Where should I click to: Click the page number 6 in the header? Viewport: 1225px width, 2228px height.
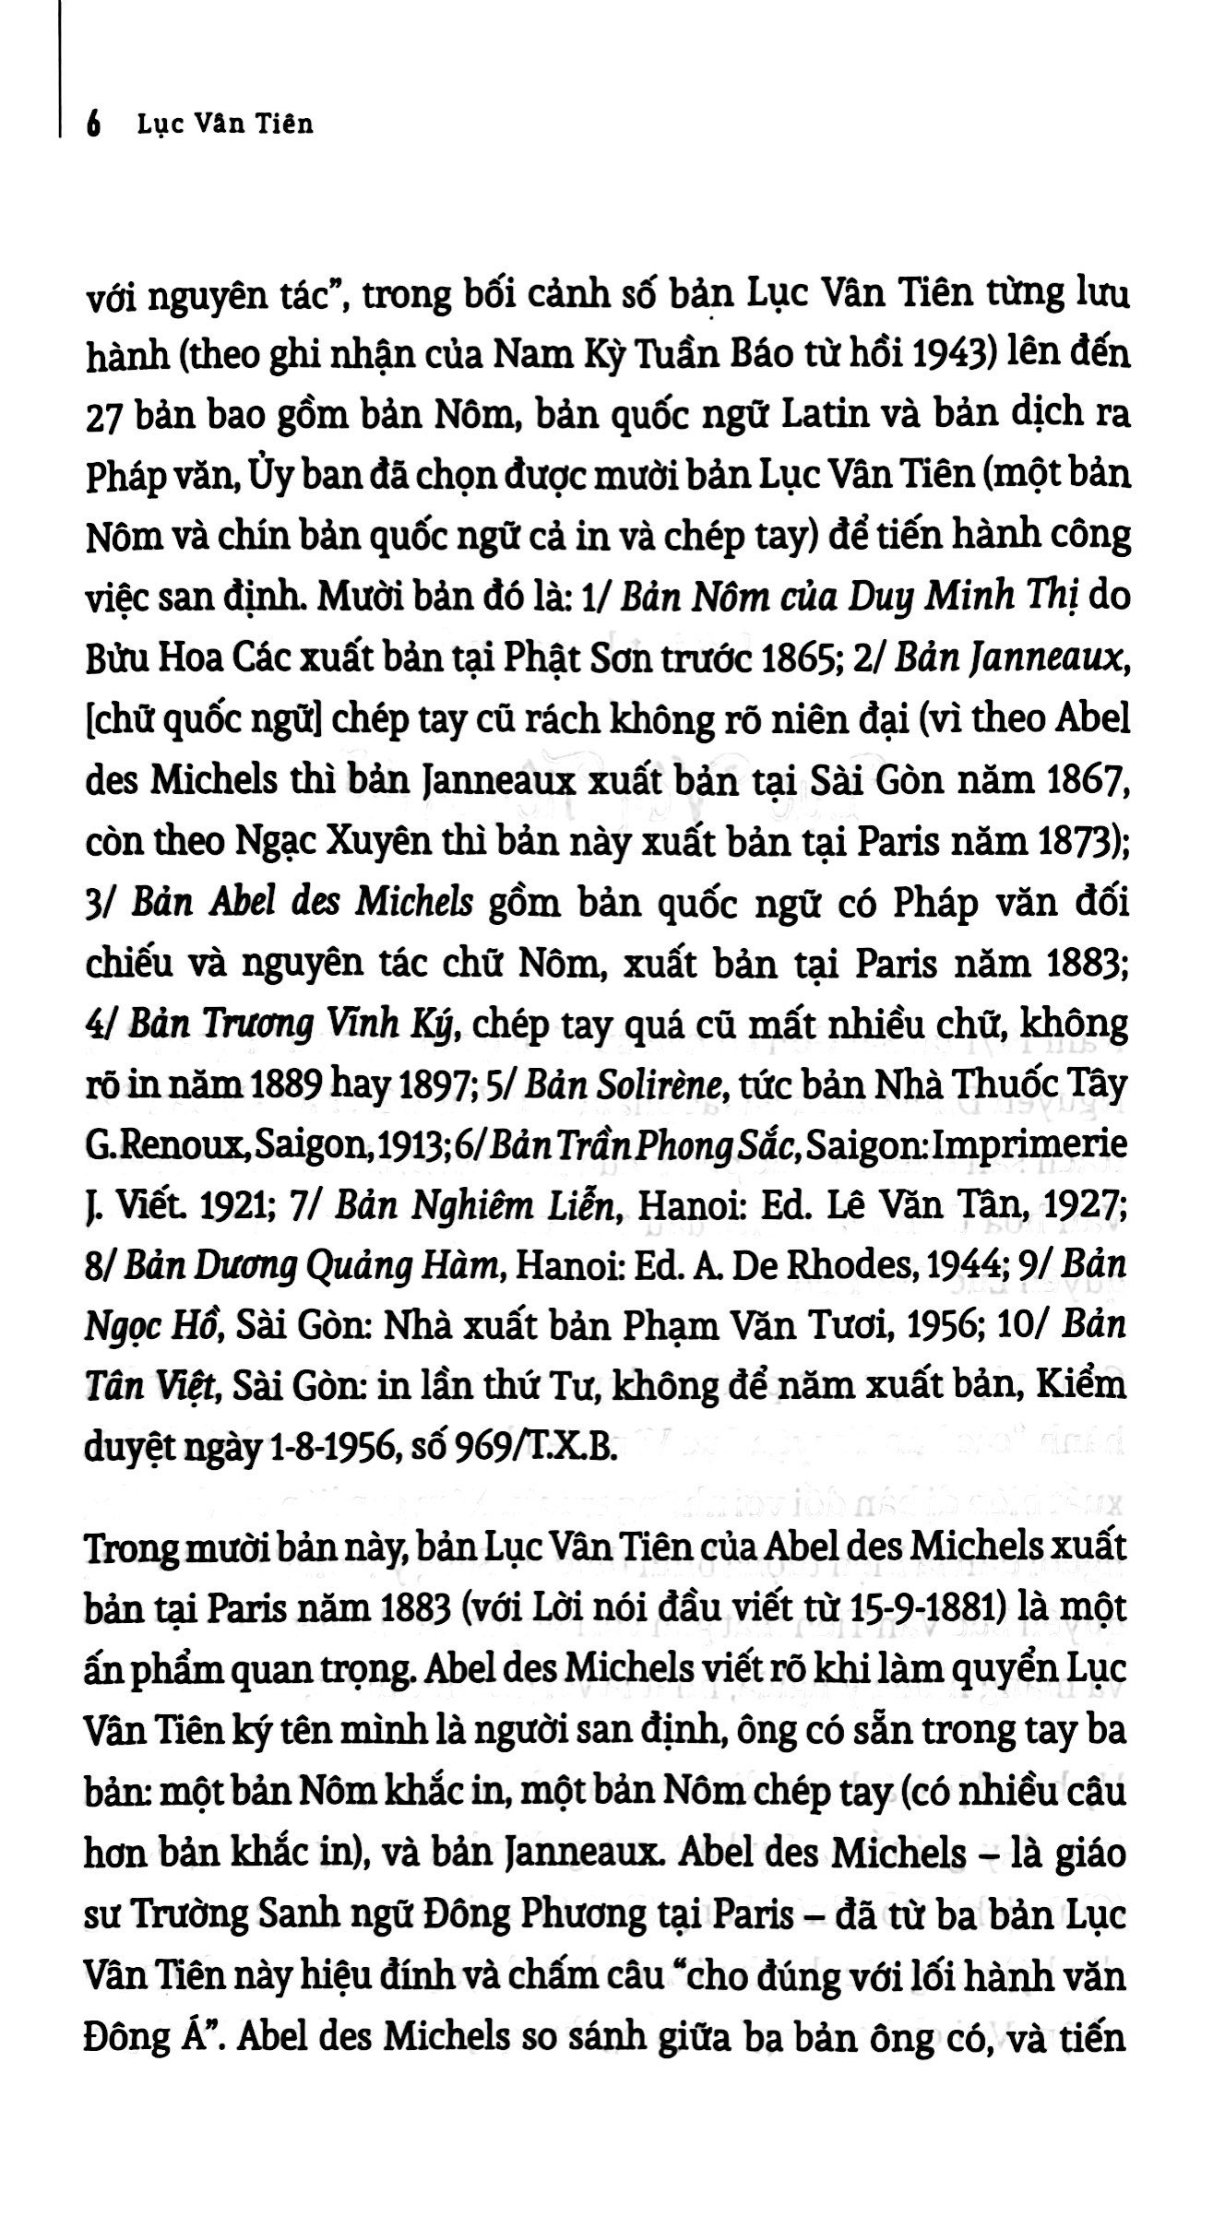coord(91,123)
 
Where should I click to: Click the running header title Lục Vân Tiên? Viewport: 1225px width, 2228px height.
coord(225,123)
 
